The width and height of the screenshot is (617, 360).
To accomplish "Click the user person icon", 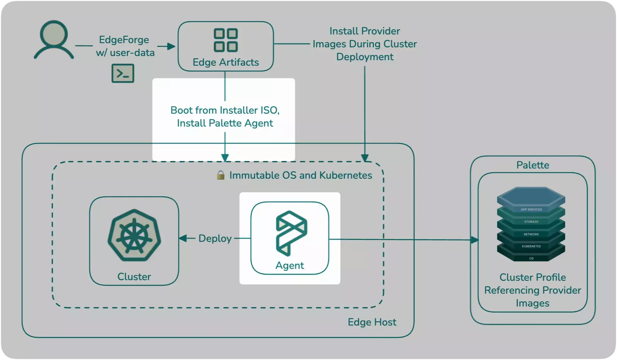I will click(54, 40).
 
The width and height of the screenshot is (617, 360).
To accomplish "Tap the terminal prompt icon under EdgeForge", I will click(123, 73).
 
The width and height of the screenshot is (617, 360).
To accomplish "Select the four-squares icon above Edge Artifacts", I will click(226, 40).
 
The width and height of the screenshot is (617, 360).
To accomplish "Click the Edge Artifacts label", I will click(226, 62).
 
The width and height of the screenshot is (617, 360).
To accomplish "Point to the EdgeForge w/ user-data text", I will click(125, 46).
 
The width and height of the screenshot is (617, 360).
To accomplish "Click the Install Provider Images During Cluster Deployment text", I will click(365, 44).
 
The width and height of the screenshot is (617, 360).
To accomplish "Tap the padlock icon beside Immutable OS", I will click(220, 175).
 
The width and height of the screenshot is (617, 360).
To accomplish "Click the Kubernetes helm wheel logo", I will click(134, 235).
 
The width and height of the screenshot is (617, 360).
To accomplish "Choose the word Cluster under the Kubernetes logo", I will click(134, 277).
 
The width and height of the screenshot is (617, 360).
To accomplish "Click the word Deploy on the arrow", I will click(215, 239).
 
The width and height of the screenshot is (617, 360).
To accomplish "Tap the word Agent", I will click(289, 265).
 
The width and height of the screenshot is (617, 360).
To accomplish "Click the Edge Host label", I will click(372, 322).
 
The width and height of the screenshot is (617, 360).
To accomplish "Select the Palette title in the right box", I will click(533, 165).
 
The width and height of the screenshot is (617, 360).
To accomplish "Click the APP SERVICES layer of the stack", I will click(531, 210).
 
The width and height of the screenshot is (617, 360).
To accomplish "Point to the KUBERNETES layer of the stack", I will click(531, 246).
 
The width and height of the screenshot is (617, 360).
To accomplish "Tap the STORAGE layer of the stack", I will click(531, 222).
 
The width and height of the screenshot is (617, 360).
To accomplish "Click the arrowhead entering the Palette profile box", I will click(475, 240).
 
